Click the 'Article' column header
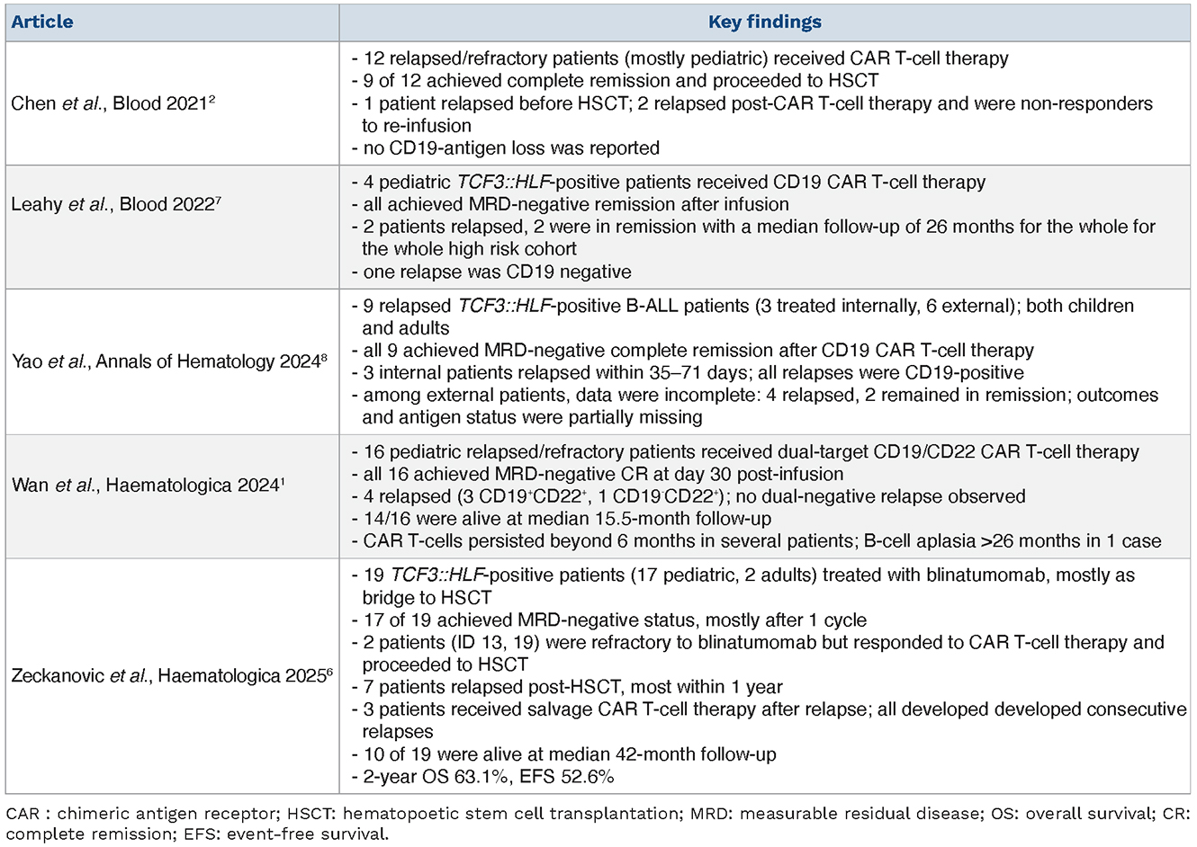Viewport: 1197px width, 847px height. pos(42,22)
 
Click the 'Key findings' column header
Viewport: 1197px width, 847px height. pos(764,22)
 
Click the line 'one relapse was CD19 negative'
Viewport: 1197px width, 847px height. pos(497,272)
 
